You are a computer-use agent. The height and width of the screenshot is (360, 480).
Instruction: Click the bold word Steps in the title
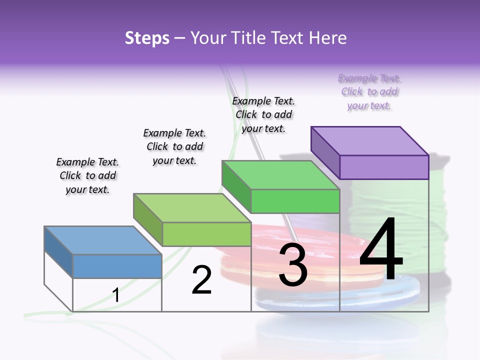click(x=147, y=38)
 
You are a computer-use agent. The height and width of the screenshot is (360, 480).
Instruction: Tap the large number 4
click(x=381, y=250)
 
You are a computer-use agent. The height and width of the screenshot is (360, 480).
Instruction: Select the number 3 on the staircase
click(x=293, y=265)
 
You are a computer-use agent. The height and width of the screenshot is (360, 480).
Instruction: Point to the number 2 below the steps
click(x=201, y=280)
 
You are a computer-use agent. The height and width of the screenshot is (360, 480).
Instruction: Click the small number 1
click(x=116, y=295)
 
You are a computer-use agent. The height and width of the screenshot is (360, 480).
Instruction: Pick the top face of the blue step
click(x=103, y=240)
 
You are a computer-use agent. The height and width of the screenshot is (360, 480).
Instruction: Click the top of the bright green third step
click(x=280, y=175)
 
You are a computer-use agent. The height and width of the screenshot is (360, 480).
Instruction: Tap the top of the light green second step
click(x=192, y=208)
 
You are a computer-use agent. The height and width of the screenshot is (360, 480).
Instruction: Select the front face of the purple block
click(x=384, y=167)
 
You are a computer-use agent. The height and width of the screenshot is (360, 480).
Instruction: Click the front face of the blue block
click(x=117, y=266)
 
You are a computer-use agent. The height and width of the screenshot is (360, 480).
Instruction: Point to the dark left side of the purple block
click(x=325, y=150)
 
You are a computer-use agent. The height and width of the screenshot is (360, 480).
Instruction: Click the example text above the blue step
click(x=87, y=175)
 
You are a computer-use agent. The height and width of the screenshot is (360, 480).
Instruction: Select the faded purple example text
click(x=369, y=92)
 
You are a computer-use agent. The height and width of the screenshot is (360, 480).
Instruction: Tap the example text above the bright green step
click(x=263, y=114)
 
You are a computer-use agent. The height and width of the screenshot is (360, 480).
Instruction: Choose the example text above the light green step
click(x=174, y=146)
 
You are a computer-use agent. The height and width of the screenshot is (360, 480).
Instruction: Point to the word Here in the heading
click(x=327, y=38)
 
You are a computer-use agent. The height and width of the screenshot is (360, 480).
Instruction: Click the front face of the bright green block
click(x=295, y=201)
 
